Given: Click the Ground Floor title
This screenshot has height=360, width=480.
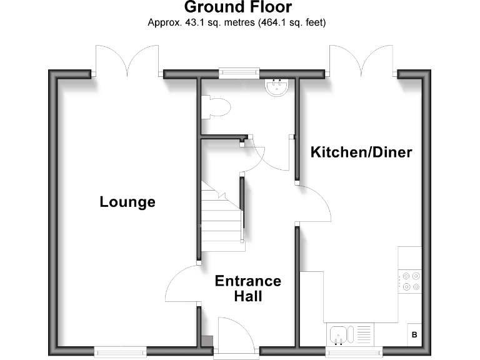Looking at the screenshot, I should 237,8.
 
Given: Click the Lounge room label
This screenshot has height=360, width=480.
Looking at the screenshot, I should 127,202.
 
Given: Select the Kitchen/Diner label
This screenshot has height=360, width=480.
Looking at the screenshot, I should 362,152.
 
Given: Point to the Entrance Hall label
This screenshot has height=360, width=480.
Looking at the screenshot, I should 247,288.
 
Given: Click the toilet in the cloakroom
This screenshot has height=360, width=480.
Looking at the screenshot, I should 216,107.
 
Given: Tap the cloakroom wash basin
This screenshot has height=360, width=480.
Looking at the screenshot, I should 276,88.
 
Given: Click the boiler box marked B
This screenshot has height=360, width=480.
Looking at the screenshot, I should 414,334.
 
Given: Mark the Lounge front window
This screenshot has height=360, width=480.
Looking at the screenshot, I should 120,351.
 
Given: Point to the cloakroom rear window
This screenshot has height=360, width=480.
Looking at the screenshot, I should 239,73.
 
